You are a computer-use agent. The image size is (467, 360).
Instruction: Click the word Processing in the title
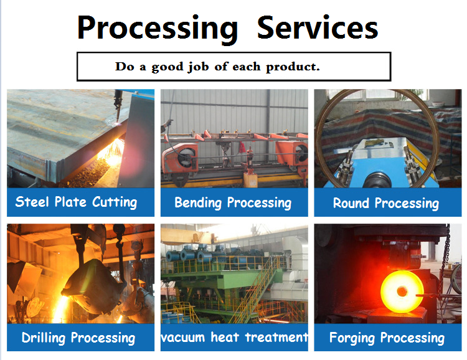click(158, 29)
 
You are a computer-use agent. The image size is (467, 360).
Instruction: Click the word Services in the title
click(318, 27)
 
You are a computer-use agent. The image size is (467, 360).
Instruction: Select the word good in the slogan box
click(167, 67)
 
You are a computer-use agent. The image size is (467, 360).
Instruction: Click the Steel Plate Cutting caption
click(76, 202)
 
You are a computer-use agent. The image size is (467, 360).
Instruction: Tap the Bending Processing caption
click(233, 202)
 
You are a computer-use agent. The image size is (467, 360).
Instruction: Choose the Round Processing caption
click(386, 203)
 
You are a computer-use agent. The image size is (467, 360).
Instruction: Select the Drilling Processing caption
click(78, 338)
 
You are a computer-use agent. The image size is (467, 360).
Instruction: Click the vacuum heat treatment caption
click(234, 338)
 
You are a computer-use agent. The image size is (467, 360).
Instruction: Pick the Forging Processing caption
click(387, 338)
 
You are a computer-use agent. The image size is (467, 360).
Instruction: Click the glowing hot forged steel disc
click(402, 291)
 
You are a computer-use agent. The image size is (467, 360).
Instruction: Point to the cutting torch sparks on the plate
click(112, 151)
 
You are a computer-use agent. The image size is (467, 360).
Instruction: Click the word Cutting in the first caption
click(115, 202)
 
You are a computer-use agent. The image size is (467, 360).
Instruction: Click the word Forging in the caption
click(352, 338)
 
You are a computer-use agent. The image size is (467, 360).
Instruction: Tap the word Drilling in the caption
click(44, 338)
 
